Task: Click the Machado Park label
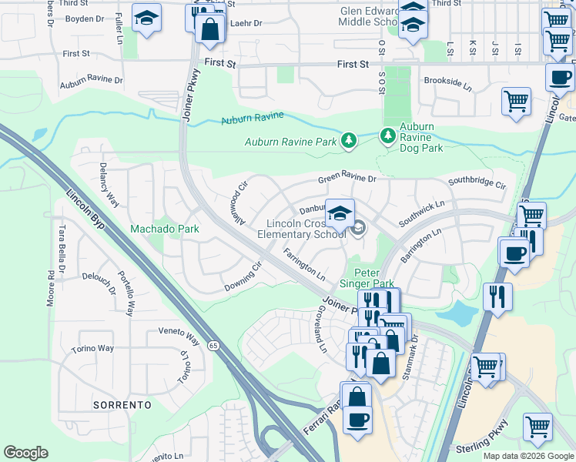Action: pos(164,229)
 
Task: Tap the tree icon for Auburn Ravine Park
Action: pos(349,139)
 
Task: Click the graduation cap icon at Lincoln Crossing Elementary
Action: pos(340,213)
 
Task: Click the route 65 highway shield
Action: pos(213,346)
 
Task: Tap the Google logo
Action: pos(25,453)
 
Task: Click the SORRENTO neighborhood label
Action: pos(120,404)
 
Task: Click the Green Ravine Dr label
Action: pos(347,179)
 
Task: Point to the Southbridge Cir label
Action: pos(477,185)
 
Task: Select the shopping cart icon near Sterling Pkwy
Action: pos(537,426)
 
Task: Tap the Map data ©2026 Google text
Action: pos(527,456)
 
